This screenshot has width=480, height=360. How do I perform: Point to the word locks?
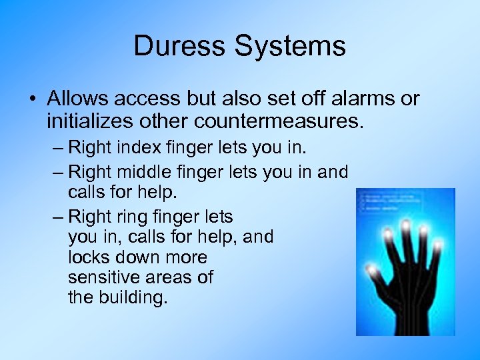point(87,257)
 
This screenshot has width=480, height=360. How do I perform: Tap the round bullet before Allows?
point(32,99)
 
